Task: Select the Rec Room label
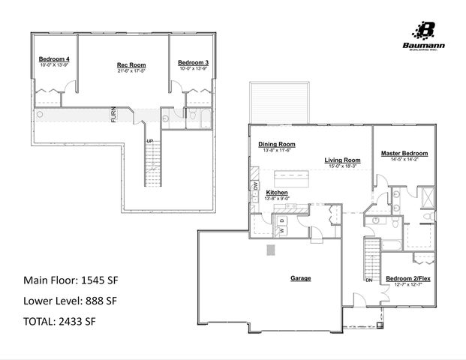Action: tap(131, 65)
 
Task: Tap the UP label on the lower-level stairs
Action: tap(149, 141)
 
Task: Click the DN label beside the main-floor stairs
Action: tap(368, 280)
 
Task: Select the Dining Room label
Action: tap(277, 144)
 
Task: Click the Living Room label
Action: tap(342, 160)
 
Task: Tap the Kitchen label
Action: tap(277, 193)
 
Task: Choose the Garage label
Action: tap(301, 278)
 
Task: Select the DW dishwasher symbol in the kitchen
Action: tap(255, 184)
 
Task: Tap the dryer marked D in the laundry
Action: tap(283, 220)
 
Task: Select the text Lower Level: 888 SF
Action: tap(71, 301)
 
